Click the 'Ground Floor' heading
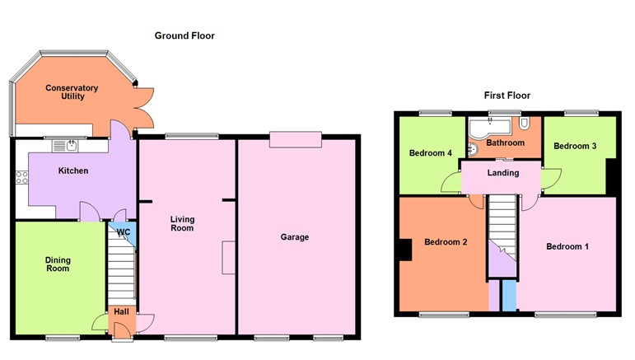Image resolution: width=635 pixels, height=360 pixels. click(184, 36)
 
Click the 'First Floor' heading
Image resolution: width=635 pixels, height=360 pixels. click(507, 96)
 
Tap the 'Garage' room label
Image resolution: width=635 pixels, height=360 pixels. click(294, 237)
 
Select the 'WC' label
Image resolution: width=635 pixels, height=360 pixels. click(124, 232)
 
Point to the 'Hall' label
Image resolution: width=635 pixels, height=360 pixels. click(121, 311)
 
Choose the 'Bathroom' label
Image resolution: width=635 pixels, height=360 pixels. click(505, 143)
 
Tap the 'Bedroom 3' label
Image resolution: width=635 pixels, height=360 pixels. click(574, 147)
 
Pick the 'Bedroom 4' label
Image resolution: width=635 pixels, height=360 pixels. click(431, 152)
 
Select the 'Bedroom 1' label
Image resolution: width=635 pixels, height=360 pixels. click(568, 246)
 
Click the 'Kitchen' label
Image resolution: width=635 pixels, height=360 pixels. click(73, 171)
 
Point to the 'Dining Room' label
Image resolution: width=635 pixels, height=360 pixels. click(58, 264)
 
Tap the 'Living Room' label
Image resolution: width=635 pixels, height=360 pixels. click(182, 223)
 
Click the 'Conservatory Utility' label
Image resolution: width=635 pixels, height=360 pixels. click(72, 92)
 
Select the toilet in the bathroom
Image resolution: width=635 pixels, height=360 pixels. click(525, 124)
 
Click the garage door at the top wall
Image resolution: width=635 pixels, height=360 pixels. click(295, 140)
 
